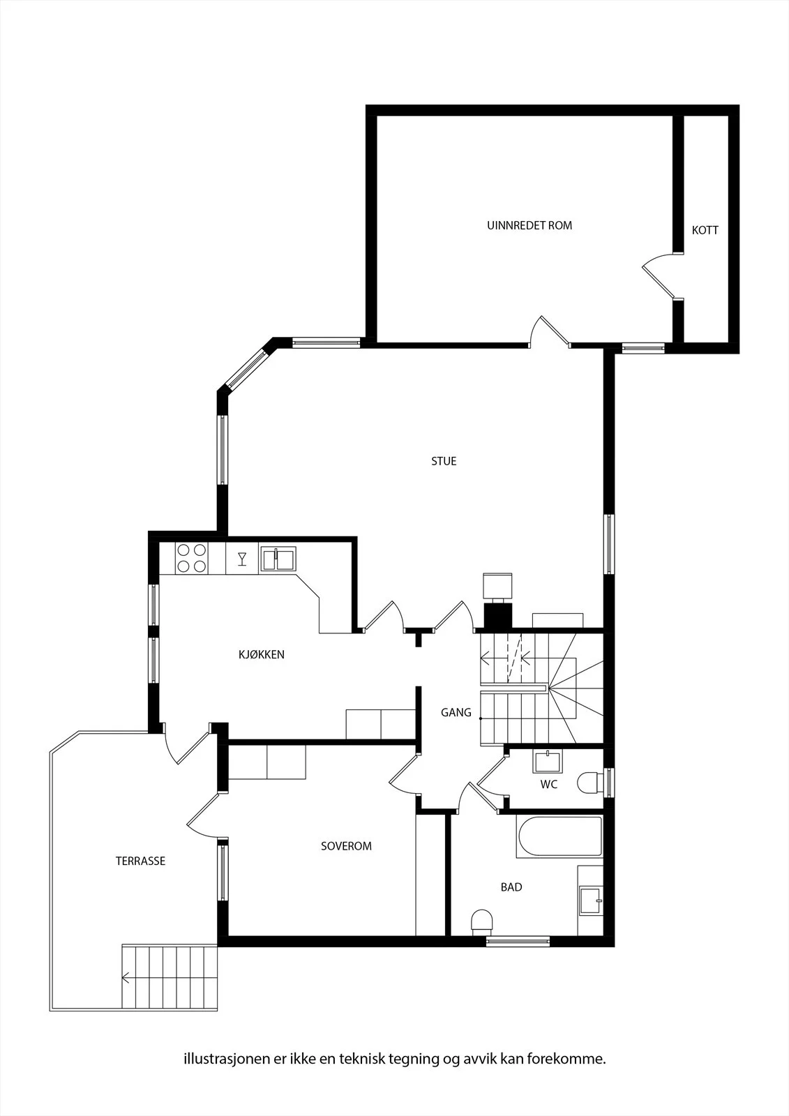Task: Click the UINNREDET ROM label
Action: [x=529, y=225]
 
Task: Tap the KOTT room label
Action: [x=705, y=230]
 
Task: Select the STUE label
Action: [x=444, y=461]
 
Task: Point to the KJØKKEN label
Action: [x=261, y=654]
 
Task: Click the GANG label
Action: [x=456, y=712]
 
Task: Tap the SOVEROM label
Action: [x=346, y=846]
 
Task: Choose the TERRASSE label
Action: [x=140, y=861]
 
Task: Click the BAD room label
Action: [x=511, y=887]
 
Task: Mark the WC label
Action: [x=549, y=784]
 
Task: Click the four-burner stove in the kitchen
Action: [x=192, y=558]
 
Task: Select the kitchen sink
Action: [x=278, y=559]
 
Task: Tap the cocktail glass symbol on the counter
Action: [x=242, y=559]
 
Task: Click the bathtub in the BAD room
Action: [x=559, y=836]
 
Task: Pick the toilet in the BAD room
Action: [x=482, y=921]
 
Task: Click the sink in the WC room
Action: [x=547, y=761]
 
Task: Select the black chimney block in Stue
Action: [x=498, y=616]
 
